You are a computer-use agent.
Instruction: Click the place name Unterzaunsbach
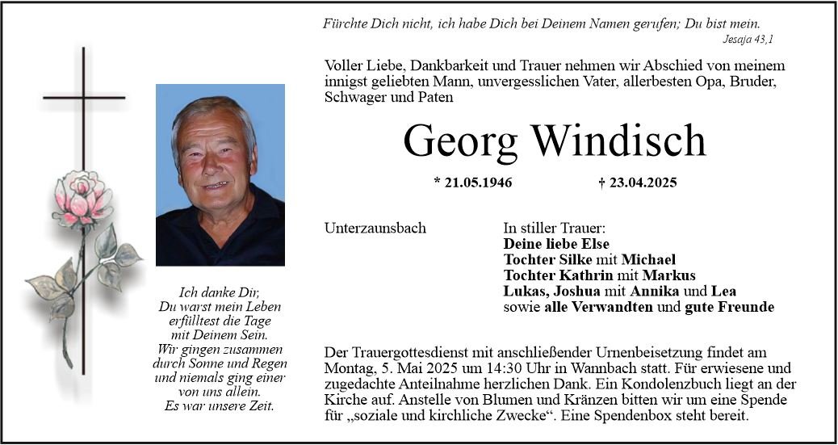point(375,229)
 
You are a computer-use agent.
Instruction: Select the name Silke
point(576,260)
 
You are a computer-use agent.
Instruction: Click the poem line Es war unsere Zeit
point(219,406)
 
